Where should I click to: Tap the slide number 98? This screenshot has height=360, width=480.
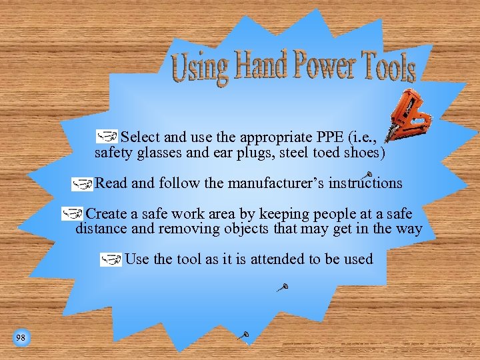click(x=21, y=338)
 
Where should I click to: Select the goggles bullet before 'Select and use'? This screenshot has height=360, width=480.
click(x=106, y=137)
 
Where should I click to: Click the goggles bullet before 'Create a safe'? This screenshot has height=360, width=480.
click(x=72, y=214)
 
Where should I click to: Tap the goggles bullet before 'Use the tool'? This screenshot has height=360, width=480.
click(x=111, y=259)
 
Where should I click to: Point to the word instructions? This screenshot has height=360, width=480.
click(x=365, y=183)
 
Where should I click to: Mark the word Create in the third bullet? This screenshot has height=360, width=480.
click(x=107, y=214)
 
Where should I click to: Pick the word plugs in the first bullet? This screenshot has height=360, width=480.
click(x=241, y=154)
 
